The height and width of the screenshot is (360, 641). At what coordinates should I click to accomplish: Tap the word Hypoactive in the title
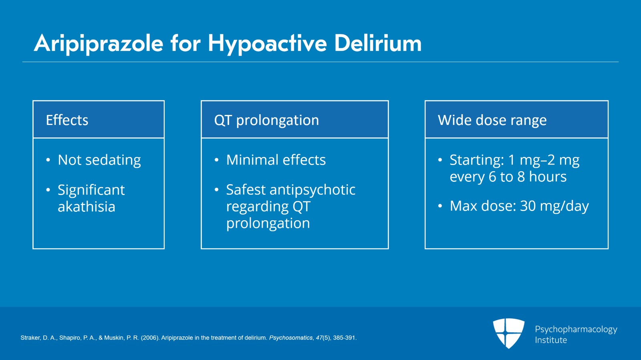pos(267,43)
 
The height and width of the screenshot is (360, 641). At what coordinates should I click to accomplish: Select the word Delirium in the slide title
pos(377,43)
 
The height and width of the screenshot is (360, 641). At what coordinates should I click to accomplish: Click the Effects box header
pos(67,120)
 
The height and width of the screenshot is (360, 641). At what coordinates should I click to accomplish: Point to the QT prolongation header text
pos(266,120)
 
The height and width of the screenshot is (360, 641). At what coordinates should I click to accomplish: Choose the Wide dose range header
pos(492,120)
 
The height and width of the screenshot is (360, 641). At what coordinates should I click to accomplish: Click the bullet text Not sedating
pos(99,160)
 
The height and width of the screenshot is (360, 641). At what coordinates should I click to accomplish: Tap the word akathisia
pos(87,207)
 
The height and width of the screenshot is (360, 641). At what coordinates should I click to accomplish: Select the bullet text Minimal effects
pos(276,160)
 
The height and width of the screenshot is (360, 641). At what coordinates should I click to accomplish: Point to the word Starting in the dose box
pos(476,160)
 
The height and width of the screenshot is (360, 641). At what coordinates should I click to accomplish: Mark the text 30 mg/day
pos(554,206)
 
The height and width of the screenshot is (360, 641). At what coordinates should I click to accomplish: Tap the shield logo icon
pos(509,333)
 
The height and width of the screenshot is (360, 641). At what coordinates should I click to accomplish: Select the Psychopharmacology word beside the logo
pos(576,330)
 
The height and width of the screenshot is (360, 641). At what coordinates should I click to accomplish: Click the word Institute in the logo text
pos(551,340)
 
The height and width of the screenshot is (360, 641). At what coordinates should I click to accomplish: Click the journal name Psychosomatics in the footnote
pos(290,338)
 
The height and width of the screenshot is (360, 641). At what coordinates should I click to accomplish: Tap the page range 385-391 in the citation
pos(344,338)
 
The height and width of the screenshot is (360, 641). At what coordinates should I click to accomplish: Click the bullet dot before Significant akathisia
pos(48,190)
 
